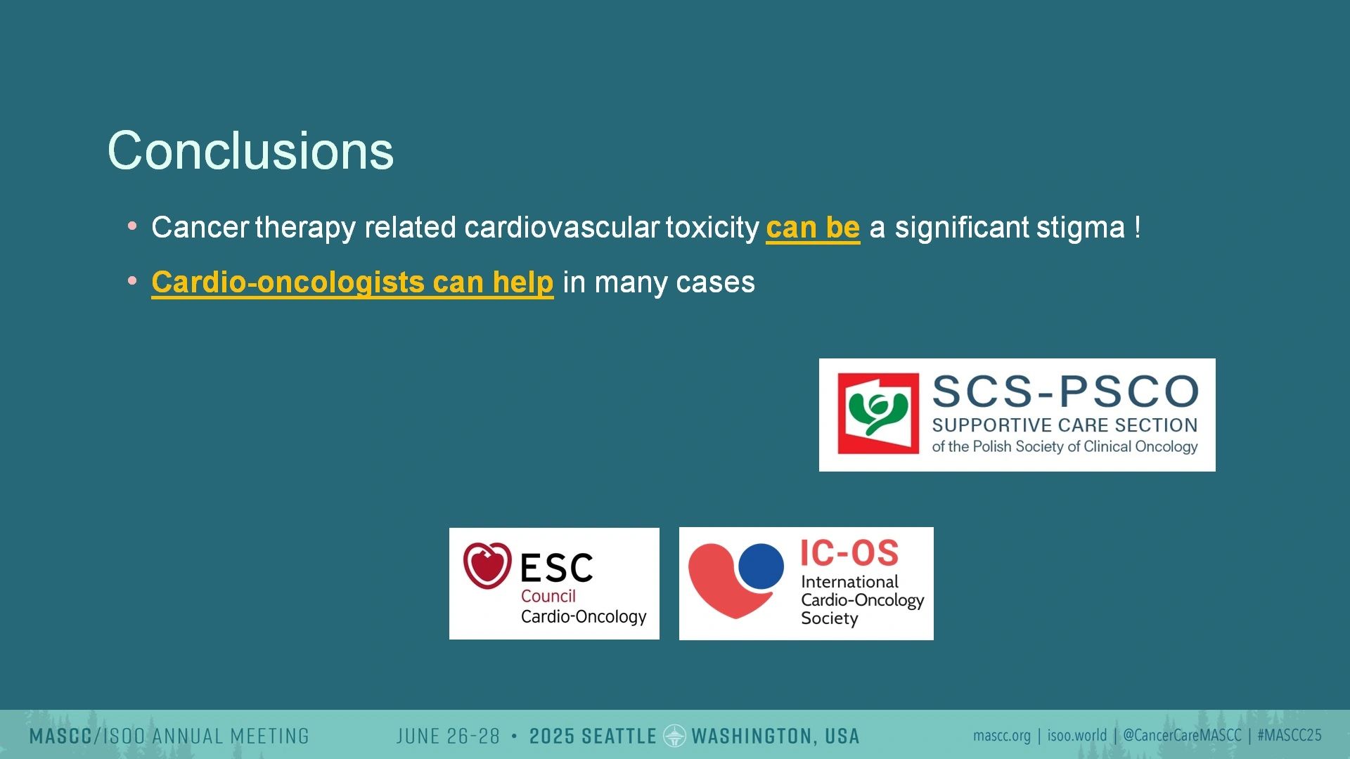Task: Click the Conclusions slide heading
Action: click(250, 150)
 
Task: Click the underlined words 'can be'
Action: click(813, 228)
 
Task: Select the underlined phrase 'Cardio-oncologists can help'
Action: click(352, 283)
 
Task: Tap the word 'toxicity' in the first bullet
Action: click(712, 228)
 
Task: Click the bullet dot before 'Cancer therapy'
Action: click(132, 226)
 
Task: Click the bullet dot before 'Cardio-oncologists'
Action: click(132, 281)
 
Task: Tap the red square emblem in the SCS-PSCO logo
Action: click(878, 413)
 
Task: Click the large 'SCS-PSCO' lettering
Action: click(1065, 391)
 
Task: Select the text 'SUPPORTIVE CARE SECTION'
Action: click(1065, 425)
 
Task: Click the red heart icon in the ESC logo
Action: click(487, 565)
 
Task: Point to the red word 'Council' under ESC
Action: click(548, 596)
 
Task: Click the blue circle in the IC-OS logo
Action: click(761, 566)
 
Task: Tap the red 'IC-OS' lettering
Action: click(849, 553)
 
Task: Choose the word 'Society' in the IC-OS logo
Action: click(830, 618)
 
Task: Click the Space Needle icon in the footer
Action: click(674, 736)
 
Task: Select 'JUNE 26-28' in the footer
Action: click(448, 737)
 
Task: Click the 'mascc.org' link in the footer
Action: click(1001, 736)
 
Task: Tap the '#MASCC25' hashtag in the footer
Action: click(1290, 736)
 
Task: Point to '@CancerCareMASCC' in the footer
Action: click(1182, 736)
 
